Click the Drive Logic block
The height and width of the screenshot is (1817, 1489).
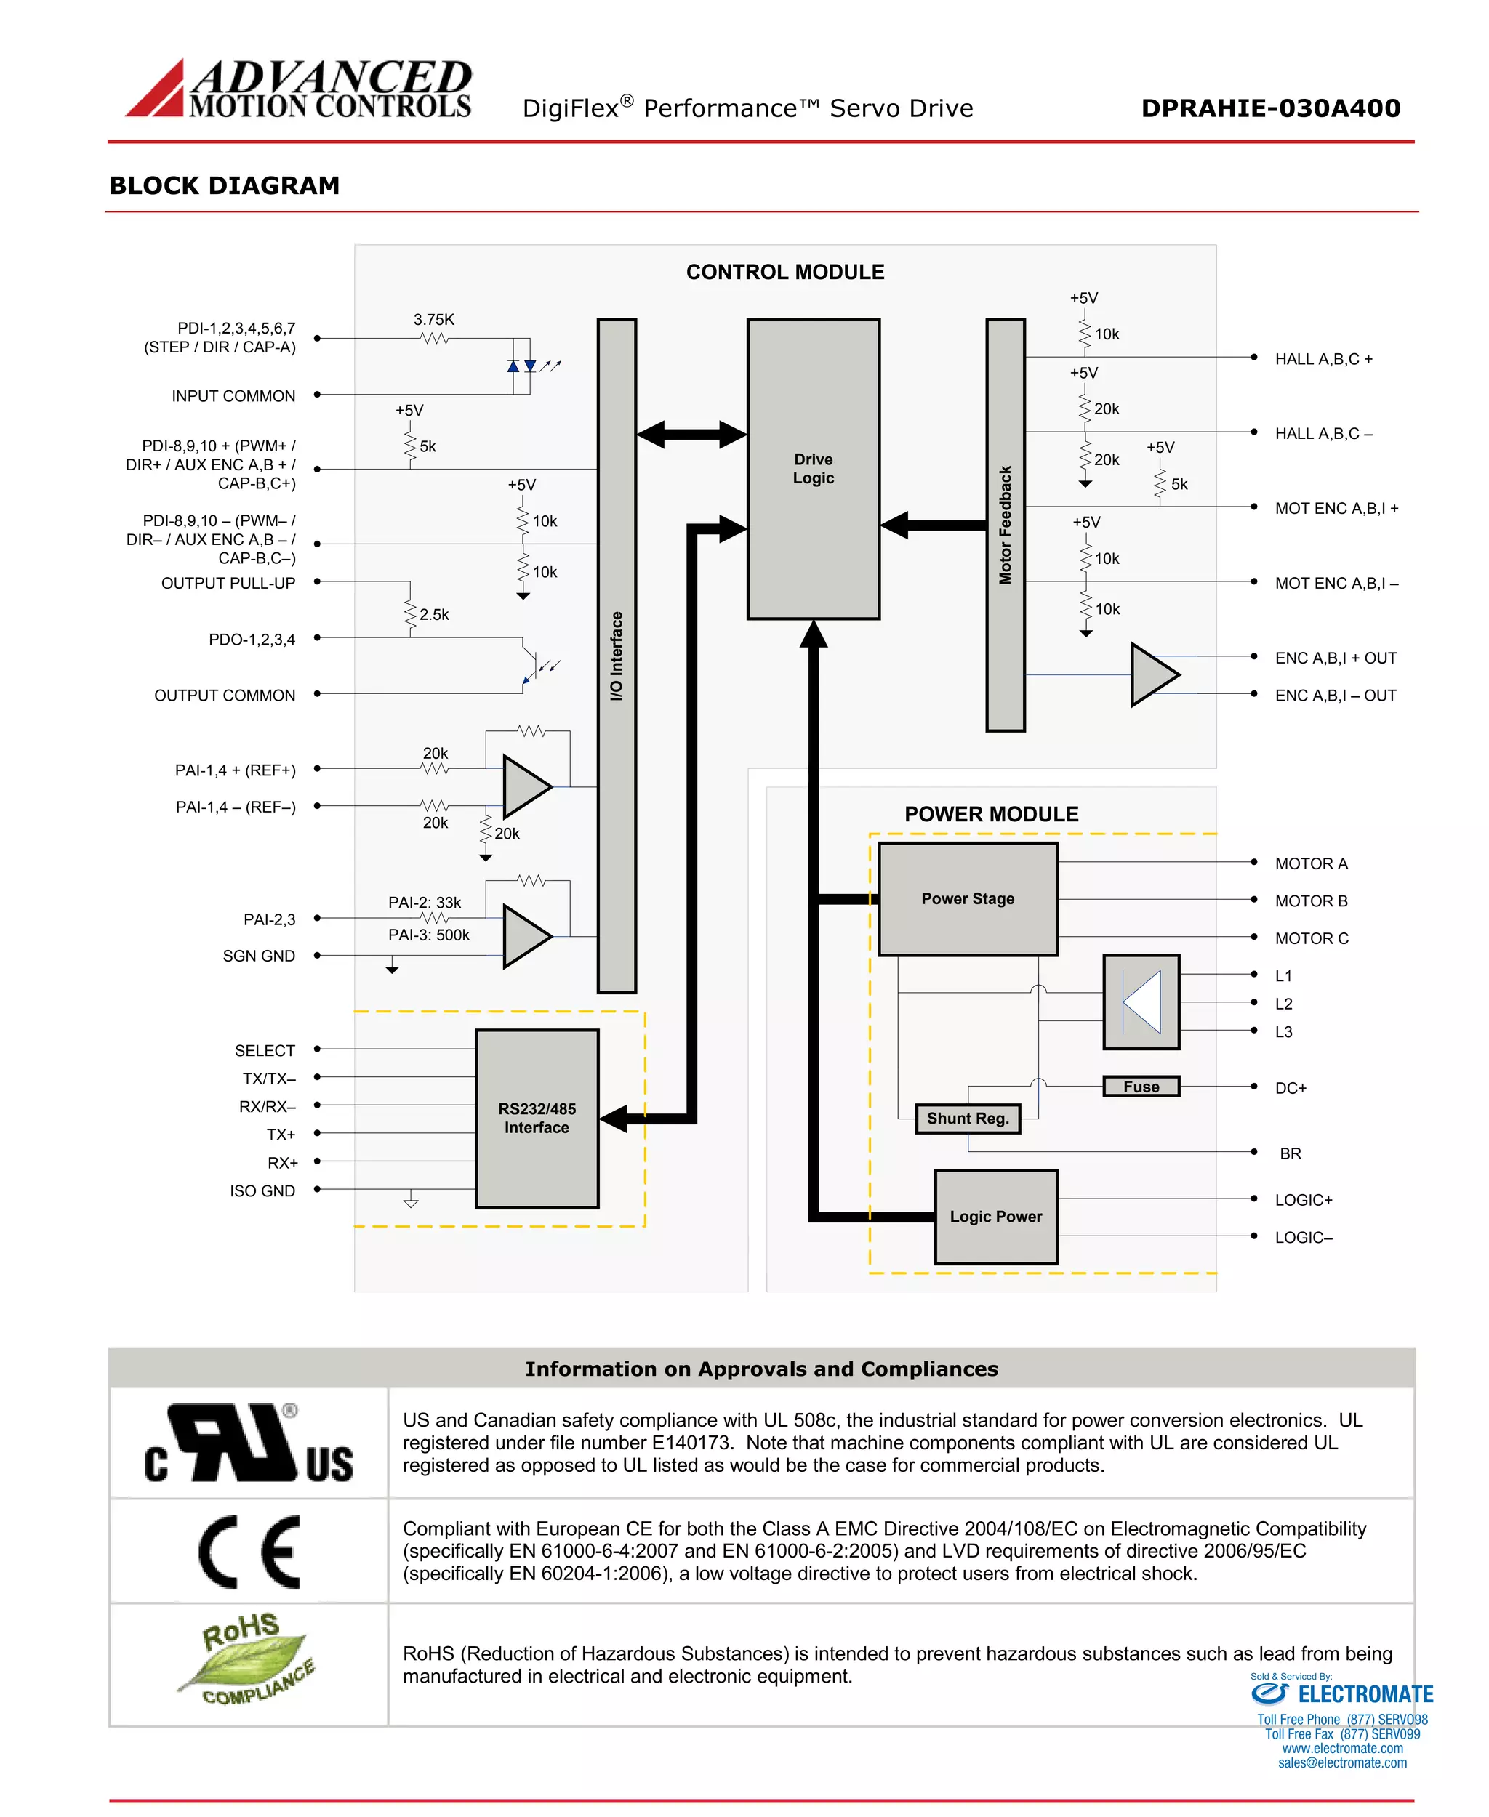coord(812,468)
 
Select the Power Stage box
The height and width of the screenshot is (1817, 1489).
coord(967,898)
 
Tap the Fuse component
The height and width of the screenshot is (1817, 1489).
coord(1140,1086)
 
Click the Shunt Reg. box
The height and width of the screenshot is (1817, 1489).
coord(967,1117)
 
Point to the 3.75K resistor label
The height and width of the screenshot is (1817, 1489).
coord(433,319)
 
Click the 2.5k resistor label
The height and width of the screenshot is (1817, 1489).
coord(433,614)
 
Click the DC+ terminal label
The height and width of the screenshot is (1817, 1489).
coord(1289,1087)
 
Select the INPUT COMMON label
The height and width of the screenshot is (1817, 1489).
coord(233,395)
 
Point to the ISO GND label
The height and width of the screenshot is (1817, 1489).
coord(262,1190)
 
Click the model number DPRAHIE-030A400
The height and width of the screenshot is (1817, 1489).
coord(1269,108)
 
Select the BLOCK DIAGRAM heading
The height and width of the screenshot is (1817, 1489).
coord(224,185)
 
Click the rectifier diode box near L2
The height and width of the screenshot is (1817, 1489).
coord(1140,1001)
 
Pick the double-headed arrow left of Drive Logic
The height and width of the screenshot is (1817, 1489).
coord(691,434)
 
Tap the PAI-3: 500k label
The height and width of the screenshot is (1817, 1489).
coord(428,935)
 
